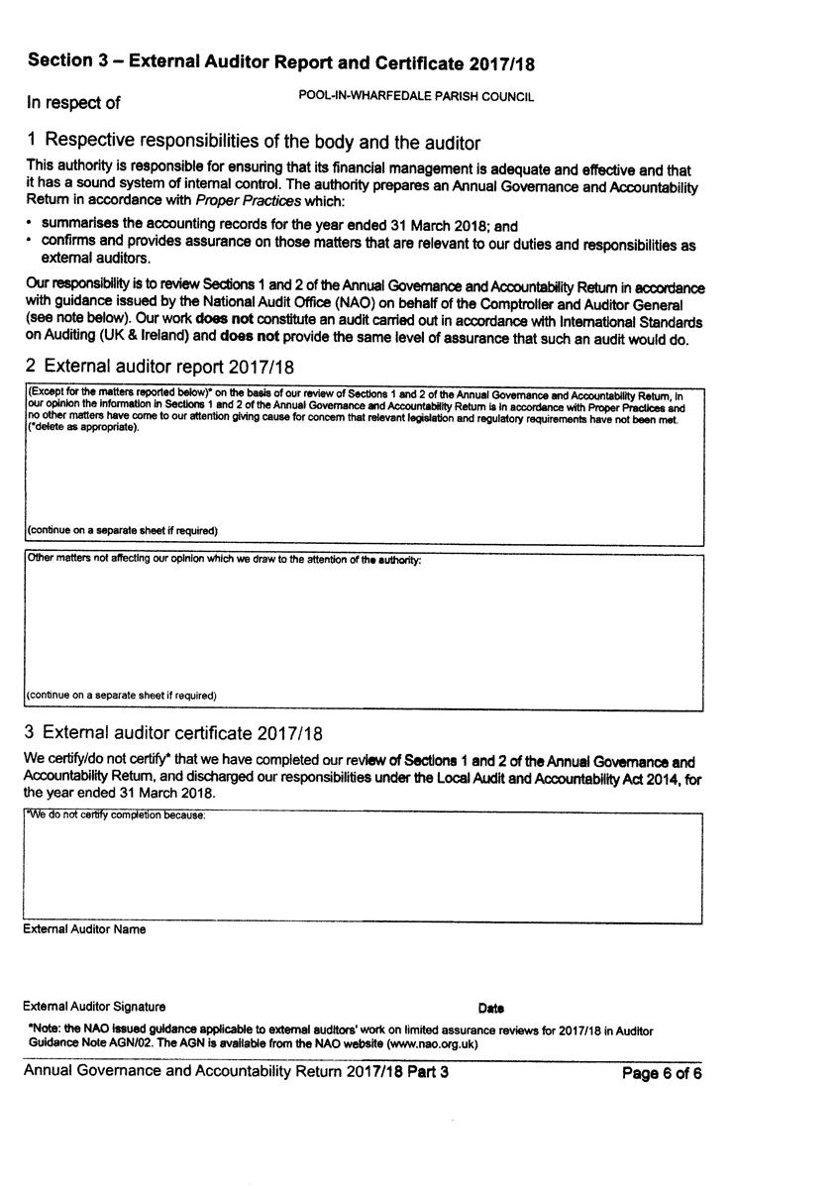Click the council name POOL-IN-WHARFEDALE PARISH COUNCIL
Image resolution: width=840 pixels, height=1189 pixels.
point(416,97)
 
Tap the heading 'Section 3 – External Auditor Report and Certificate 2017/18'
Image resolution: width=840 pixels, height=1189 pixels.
point(281,62)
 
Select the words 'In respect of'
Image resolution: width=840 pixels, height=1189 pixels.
point(73,102)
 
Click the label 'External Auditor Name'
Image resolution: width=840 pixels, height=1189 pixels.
point(84,929)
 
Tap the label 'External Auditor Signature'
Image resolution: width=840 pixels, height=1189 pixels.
point(95,1007)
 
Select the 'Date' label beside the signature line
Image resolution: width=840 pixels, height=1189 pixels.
point(490,1009)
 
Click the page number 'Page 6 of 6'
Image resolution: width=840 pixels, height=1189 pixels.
point(662,1073)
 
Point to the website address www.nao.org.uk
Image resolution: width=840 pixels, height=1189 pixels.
point(427,1043)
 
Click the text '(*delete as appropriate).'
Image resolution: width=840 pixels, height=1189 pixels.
point(83,428)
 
